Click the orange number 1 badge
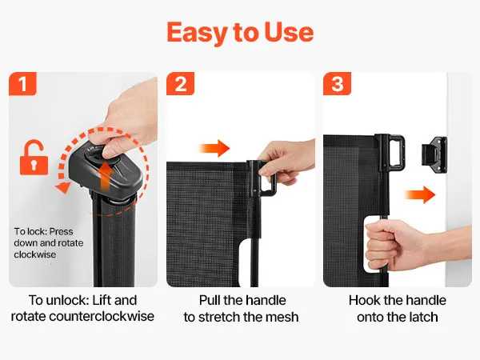point(22,83)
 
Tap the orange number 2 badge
point(180,83)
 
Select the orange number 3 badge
point(337,83)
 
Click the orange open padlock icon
point(34,158)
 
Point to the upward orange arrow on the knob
point(106,177)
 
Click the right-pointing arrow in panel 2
point(214,149)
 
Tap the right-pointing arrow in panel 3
point(420,194)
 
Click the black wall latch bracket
point(434,155)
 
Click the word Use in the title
point(289,32)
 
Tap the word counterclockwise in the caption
point(102,316)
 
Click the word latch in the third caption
point(422,317)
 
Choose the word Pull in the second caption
point(210,300)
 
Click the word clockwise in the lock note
point(35,254)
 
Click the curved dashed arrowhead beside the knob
point(63,186)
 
